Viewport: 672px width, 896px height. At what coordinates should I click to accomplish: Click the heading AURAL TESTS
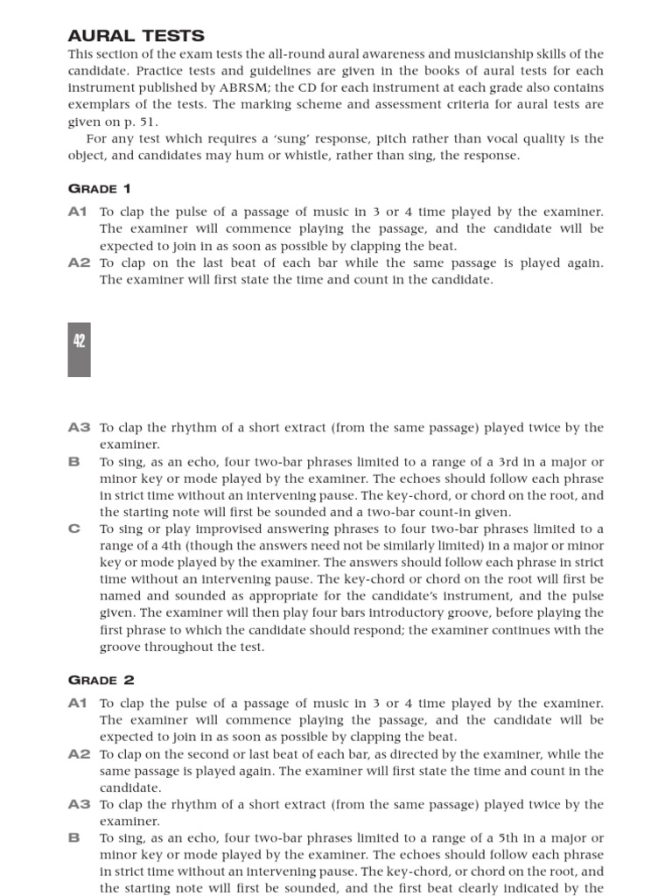[x=136, y=35]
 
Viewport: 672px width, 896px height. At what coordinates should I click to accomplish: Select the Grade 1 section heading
[x=101, y=189]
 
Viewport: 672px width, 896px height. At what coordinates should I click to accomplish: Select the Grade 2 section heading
[x=101, y=680]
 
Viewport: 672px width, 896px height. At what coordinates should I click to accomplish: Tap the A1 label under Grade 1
[x=79, y=212]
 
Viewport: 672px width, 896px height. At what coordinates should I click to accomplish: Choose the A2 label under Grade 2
[x=79, y=754]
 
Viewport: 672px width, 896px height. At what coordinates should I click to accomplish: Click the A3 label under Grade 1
[x=79, y=428]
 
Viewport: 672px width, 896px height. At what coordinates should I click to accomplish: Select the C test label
[x=74, y=528]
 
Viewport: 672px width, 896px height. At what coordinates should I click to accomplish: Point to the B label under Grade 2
[x=74, y=837]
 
